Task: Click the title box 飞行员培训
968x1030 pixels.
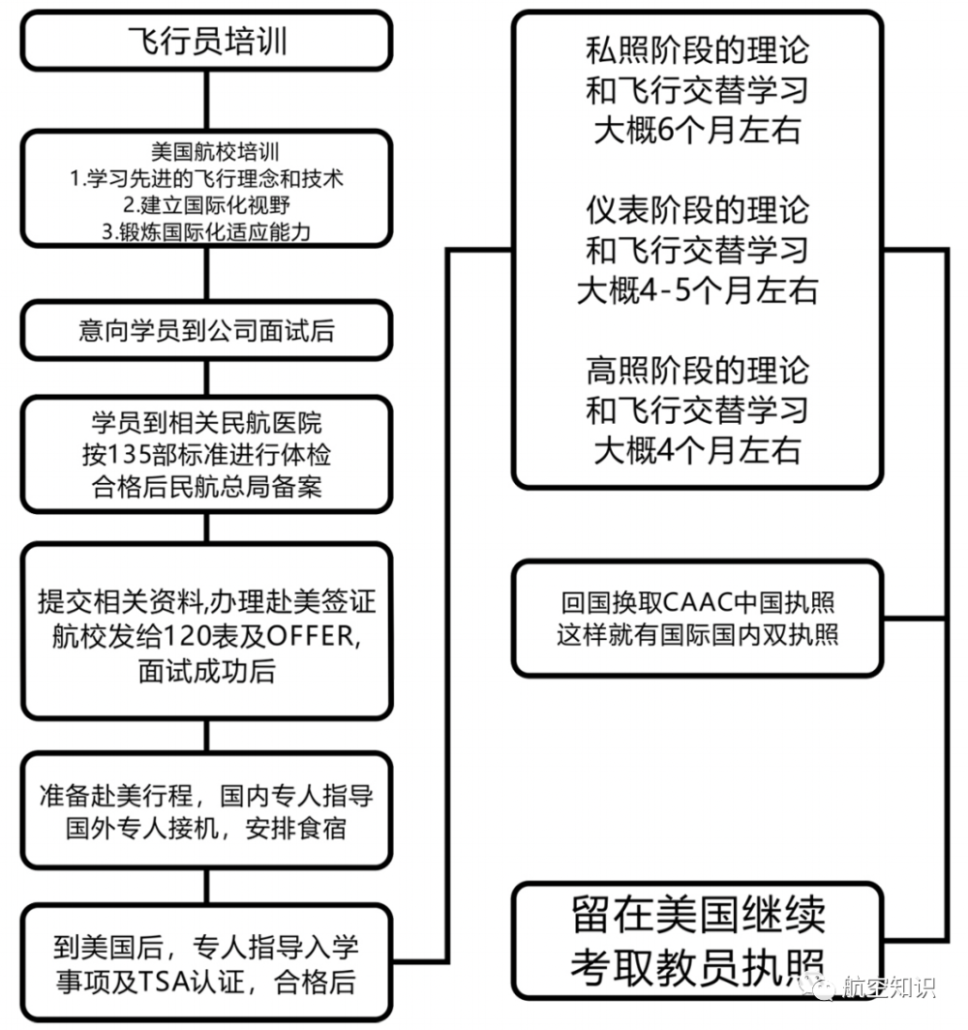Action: pyautogui.click(x=207, y=41)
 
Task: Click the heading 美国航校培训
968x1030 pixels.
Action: pyautogui.click(x=215, y=152)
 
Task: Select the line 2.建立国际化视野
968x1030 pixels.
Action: pyautogui.click(x=206, y=205)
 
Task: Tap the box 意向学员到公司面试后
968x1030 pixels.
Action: pyautogui.click(x=207, y=330)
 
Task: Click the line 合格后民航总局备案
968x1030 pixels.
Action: pyautogui.click(x=207, y=487)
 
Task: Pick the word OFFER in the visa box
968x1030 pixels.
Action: pyautogui.click(x=311, y=636)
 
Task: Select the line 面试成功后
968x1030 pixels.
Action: pyautogui.click(x=207, y=672)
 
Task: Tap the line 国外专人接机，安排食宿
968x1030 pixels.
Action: pyautogui.click(x=206, y=828)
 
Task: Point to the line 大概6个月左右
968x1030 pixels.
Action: pyautogui.click(x=697, y=130)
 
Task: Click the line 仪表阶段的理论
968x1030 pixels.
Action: pyautogui.click(x=697, y=210)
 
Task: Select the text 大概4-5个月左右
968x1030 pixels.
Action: pyautogui.click(x=697, y=290)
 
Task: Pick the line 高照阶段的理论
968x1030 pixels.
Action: pyautogui.click(x=697, y=371)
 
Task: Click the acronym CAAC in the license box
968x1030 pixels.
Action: pyautogui.click(x=697, y=602)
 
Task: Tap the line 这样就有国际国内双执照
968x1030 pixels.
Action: pyautogui.click(x=697, y=635)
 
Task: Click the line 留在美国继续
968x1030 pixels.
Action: pyautogui.click(x=698, y=915)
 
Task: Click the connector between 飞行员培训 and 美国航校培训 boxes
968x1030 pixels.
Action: pyautogui.click(x=207, y=101)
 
